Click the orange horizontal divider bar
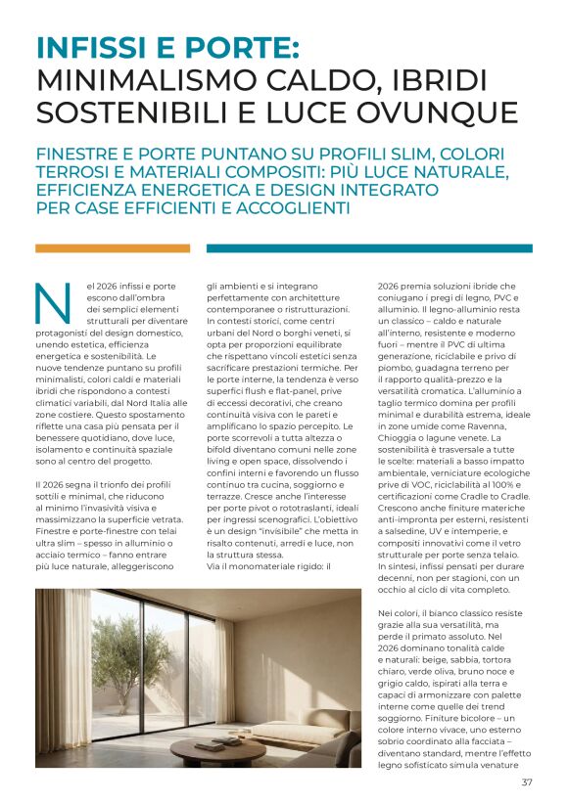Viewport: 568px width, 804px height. pyautogui.click(x=113, y=248)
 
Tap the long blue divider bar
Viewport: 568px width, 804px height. pyautogui.click(x=369, y=248)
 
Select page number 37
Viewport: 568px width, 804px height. pyautogui.click(x=527, y=782)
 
